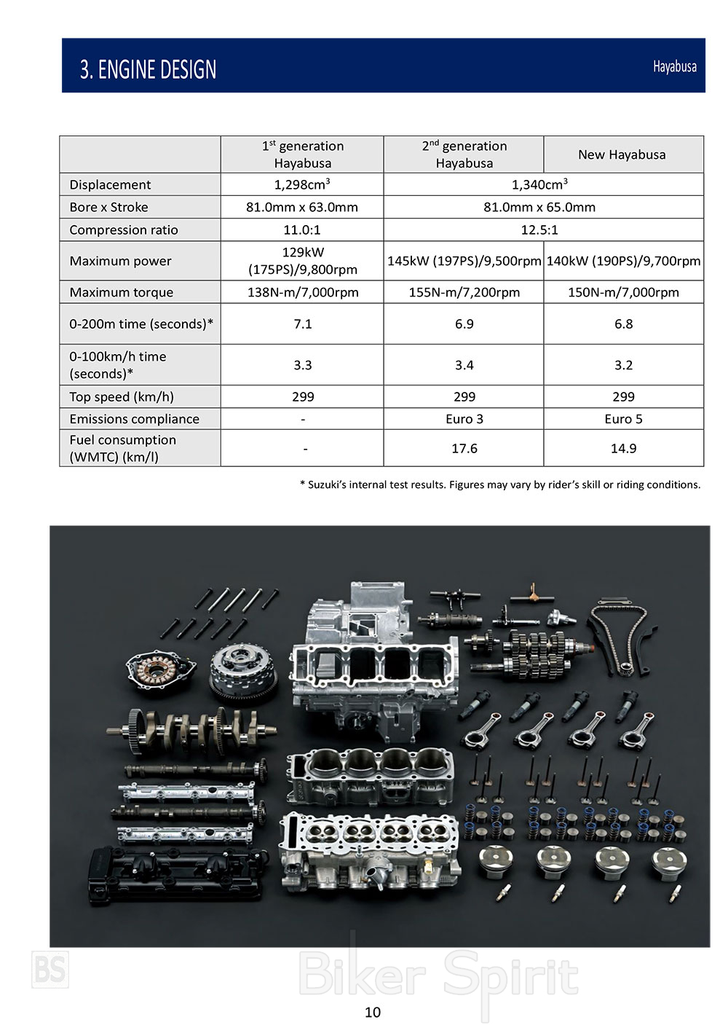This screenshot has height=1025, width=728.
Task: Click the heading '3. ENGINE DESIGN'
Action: pyautogui.click(x=148, y=69)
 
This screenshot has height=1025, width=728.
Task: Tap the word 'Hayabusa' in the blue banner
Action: pyautogui.click(x=674, y=67)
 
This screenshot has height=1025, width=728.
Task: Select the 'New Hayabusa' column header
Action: pyautogui.click(x=622, y=154)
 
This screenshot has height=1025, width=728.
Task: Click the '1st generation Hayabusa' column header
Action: pyautogui.click(x=303, y=154)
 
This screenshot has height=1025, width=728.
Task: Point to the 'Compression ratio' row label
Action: pyautogui.click(x=124, y=230)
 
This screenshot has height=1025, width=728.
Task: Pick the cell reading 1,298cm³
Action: pyautogui.click(x=302, y=184)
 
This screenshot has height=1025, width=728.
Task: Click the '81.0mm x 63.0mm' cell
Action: pyautogui.click(x=302, y=208)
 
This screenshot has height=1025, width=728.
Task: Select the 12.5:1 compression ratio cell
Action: pyautogui.click(x=539, y=230)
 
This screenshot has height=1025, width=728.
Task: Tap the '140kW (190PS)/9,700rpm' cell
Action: pyautogui.click(x=623, y=261)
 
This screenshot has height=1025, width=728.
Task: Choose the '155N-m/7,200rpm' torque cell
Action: pyautogui.click(x=464, y=293)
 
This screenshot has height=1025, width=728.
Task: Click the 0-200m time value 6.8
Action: pyautogui.click(x=623, y=324)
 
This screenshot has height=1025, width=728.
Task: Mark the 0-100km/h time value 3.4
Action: pyautogui.click(x=464, y=365)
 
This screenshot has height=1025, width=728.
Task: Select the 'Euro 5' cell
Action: pyautogui.click(x=623, y=419)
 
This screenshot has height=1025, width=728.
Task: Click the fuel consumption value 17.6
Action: pyautogui.click(x=464, y=449)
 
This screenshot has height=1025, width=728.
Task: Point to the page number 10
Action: pyautogui.click(x=373, y=1012)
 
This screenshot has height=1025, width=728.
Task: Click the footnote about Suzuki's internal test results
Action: pyautogui.click(x=500, y=484)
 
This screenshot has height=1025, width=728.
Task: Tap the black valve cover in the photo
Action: pyautogui.click(x=175, y=874)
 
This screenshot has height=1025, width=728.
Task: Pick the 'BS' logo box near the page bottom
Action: pyautogui.click(x=50, y=970)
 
